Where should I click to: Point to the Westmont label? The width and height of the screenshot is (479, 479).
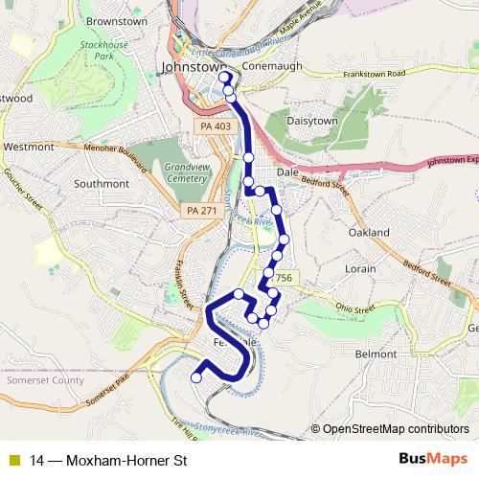pyautogui.click(x=29, y=147)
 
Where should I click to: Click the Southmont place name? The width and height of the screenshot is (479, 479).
pyautogui.click(x=101, y=183)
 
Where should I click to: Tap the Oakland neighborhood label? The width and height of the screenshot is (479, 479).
pyautogui.click(x=369, y=233)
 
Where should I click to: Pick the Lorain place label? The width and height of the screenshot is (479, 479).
pyautogui.click(x=360, y=269)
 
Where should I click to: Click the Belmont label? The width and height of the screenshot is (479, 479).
pyautogui.click(x=376, y=354)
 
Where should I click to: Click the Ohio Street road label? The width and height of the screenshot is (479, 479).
pyautogui.click(x=356, y=308)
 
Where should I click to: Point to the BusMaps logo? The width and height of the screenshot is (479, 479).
pyautogui.click(x=433, y=459)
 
